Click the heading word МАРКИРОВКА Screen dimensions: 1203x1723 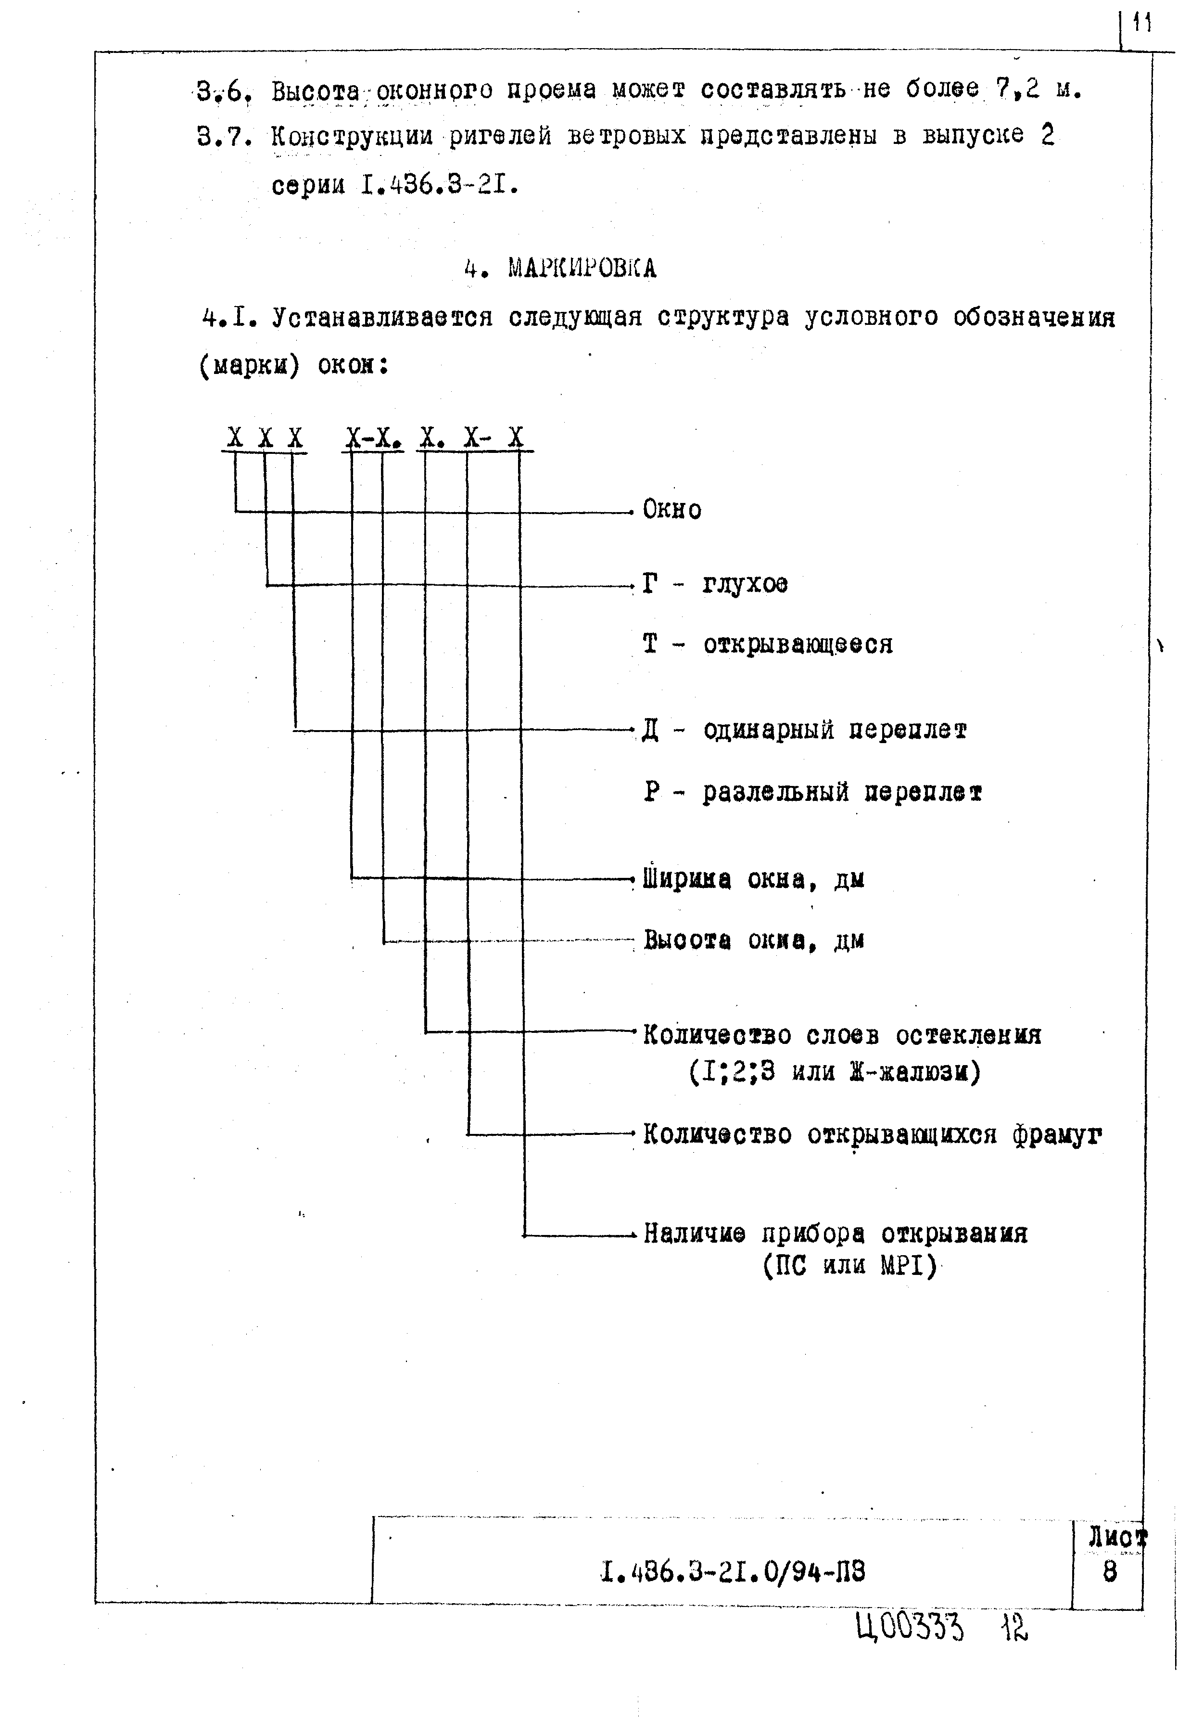pos(582,268)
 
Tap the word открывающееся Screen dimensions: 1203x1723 pos(798,644)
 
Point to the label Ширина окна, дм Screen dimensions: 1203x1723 pos(753,879)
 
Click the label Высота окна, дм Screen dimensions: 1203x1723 pos(753,940)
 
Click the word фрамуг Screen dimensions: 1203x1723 pos(1057,1135)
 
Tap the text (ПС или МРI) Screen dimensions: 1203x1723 pos(850,1267)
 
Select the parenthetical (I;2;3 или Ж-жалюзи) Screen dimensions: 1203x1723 pos(834,1072)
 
